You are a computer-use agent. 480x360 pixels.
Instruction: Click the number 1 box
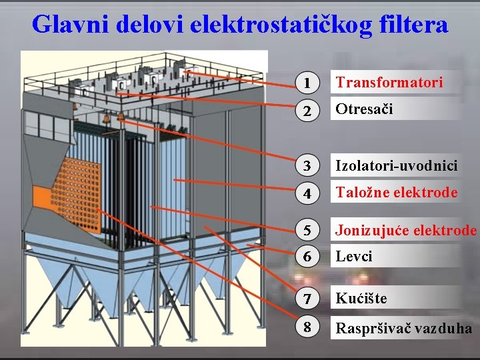pos(307,83)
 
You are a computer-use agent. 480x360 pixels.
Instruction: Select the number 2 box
pos(307,110)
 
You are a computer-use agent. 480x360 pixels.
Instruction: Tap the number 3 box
pos(307,165)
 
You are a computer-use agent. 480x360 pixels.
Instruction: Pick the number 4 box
pos(307,193)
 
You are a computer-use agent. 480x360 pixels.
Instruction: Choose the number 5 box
pos(307,231)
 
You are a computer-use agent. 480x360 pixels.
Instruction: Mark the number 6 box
pos(307,257)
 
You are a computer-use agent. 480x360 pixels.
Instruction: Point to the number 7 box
pos(307,298)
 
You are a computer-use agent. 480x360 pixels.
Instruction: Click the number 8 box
pos(307,328)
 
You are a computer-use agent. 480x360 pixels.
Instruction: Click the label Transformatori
pos(389,83)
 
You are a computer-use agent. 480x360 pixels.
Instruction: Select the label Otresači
pos(364,109)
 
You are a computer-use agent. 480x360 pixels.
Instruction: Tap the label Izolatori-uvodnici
pos(396,165)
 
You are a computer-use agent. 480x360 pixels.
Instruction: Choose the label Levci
pos(354,256)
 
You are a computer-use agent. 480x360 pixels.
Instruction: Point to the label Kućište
pos(361,298)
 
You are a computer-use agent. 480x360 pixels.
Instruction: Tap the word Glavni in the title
pos(71,25)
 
